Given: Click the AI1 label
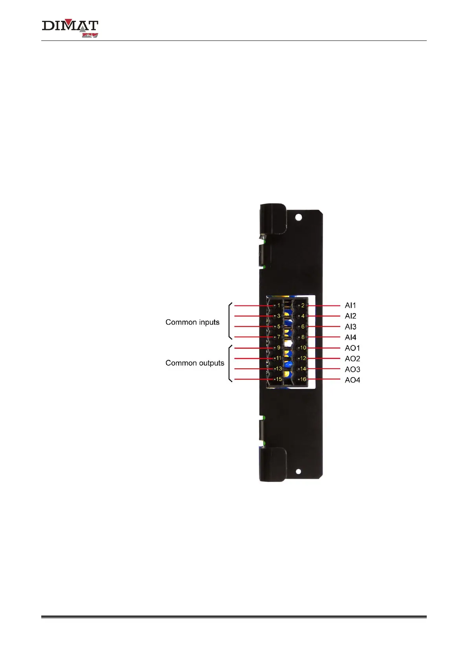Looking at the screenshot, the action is point(350,305).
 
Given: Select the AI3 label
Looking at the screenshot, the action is point(351,327).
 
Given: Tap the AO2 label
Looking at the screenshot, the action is point(352,359).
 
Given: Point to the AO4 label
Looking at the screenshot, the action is point(352,380).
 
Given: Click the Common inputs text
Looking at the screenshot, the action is point(192,322).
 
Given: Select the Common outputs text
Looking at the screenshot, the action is point(195,363).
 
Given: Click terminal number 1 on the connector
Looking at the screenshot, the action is point(279,305).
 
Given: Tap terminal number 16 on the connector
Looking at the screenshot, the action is point(303,379).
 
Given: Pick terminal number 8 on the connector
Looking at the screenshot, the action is point(303,337).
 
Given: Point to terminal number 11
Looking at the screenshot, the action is point(279,358).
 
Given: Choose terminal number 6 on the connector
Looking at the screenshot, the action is point(303,327).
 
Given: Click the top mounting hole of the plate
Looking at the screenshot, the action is point(299,217).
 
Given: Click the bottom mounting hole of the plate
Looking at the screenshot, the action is point(298,471).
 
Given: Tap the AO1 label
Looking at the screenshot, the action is point(352,348).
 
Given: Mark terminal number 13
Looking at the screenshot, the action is point(279,369).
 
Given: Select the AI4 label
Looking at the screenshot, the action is point(351,337).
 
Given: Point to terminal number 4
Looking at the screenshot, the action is point(303,316).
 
